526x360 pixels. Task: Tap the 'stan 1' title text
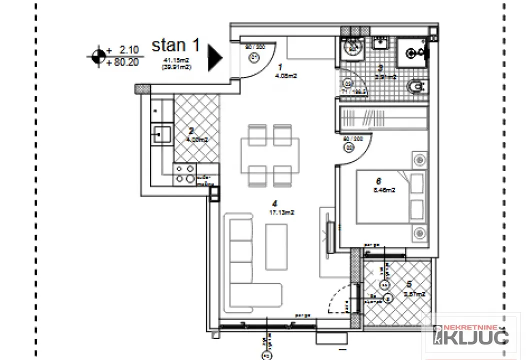pyautogui.click(x=175, y=46)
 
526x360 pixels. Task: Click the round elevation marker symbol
pyautogui.click(x=98, y=56)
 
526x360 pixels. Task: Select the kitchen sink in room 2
pyautogui.click(x=162, y=134)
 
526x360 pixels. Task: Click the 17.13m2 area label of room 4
pyautogui.click(x=281, y=212)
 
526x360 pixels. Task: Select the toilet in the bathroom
pyautogui.click(x=415, y=88)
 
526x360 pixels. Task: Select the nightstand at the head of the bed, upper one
pyautogui.click(x=418, y=160)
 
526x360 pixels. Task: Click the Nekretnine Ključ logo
pyautogui.click(x=470, y=335)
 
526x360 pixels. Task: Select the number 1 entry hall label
pyautogui.click(x=280, y=66)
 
